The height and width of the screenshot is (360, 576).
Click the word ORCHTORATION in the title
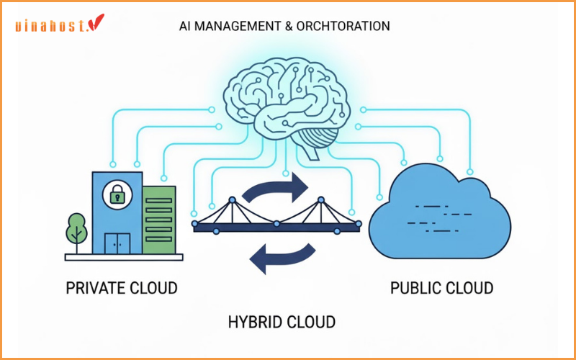346,26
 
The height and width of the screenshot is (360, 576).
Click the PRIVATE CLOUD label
122,288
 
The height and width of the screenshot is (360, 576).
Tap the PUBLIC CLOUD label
441,288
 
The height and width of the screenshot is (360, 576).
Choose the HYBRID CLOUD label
282,320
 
